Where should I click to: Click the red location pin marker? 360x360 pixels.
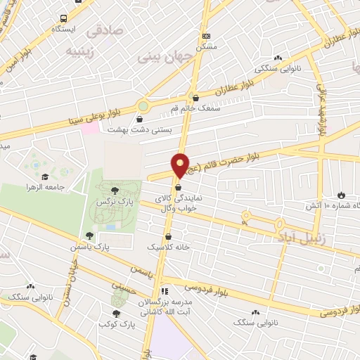tap(180, 165)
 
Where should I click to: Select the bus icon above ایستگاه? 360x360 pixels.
tap(64, 18)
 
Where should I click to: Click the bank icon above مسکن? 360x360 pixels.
tap(206, 35)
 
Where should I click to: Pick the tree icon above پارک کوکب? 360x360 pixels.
tap(115, 314)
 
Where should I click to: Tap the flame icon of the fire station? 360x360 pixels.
tap(342, 194)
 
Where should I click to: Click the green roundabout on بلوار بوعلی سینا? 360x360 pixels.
tap(143, 106)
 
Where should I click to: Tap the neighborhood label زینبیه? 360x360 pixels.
tap(79, 51)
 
